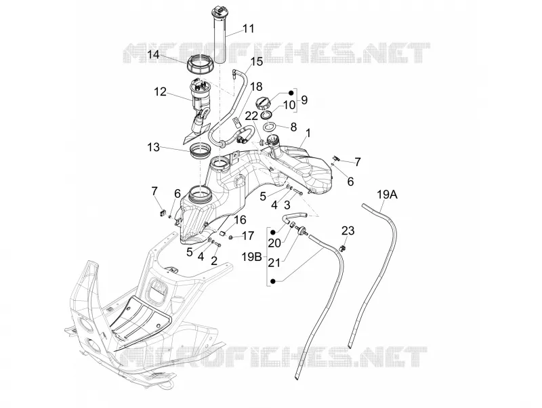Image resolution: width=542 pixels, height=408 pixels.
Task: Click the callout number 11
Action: [248, 28]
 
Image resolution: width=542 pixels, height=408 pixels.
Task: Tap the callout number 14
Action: [153, 55]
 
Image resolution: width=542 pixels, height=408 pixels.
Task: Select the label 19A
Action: [387, 195]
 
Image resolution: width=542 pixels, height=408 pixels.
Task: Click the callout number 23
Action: [348, 230]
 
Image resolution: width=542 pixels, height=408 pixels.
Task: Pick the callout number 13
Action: [153, 147]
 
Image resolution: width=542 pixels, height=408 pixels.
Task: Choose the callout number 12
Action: [160, 92]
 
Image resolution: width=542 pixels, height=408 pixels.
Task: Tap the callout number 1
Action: [308, 133]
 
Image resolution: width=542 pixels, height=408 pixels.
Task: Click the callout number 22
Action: [252, 116]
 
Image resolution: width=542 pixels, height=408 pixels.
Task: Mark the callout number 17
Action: [248, 236]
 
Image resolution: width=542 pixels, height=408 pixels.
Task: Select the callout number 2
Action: [214, 261]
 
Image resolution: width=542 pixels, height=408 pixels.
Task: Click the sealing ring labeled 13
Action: [200, 150]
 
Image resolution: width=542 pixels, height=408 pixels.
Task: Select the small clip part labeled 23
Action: [343, 248]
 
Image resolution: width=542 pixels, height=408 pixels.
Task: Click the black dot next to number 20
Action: [273, 232]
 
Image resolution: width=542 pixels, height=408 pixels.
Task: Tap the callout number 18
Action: [256, 87]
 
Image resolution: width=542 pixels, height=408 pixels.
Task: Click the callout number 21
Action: [274, 263]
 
